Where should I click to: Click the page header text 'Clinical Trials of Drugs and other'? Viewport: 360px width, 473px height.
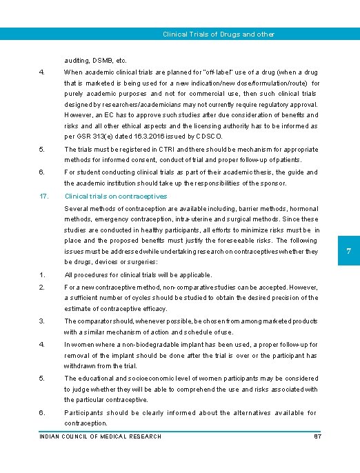(218, 34)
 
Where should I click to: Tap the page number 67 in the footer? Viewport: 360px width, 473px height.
(317, 436)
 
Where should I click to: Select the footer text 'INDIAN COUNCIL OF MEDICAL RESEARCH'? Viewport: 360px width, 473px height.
(100, 436)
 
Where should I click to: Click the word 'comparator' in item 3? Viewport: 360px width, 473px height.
(98, 321)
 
